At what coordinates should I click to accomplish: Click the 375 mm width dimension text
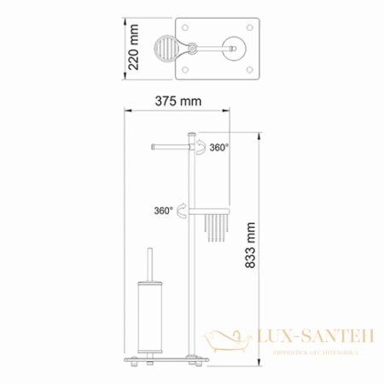click(178, 102)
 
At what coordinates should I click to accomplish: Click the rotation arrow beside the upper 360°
click(198, 150)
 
